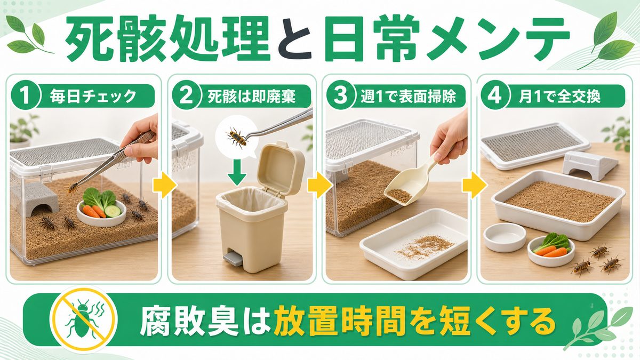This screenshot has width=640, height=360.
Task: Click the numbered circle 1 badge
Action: [26, 96]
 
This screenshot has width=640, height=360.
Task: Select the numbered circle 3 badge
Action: [341, 96]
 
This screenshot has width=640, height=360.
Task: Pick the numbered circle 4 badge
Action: [495, 96]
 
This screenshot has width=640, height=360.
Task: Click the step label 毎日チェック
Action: [93, 97]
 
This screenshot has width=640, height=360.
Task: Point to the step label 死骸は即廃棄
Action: [251, 97]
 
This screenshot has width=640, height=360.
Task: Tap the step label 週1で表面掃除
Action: [408, 97]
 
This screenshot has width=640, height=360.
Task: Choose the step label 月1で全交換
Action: [559, 97]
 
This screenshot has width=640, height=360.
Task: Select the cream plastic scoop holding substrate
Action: [410, 183]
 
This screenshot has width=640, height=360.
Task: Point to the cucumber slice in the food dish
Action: [113, 211]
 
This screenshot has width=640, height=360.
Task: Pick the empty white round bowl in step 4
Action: [505, 237]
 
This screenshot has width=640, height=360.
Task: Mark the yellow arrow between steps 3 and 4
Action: [475, 185]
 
